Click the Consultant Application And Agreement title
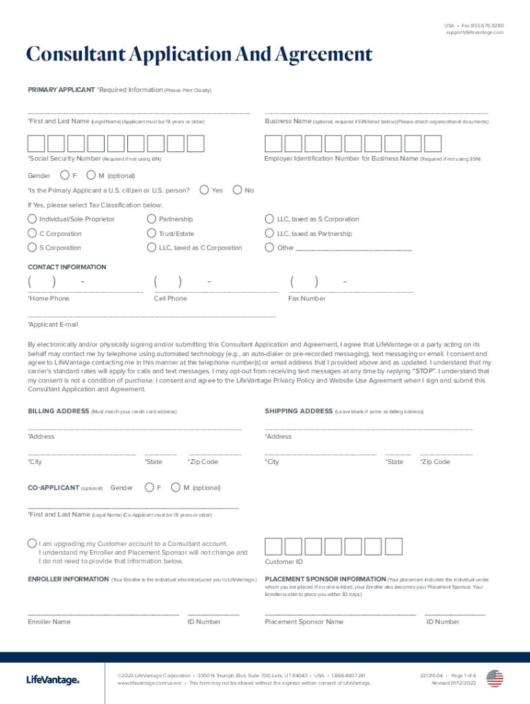tap(199, 55)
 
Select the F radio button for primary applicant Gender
tap(65, 175)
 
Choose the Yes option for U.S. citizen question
tap(204, 190)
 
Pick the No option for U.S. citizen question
tap(238, 190)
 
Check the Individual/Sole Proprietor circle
tap(32, 219)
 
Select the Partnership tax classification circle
tap(151, 219)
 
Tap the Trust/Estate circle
tap(151, 234)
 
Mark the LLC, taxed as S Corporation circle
tap(270, 219)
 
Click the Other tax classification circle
tap(270, 248)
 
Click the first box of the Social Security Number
tap(36, 143)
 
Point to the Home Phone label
tap(48, 298)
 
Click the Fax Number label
tap(307, 298)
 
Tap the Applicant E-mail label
tap(53, 324)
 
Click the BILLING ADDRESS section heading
tap(58, 411)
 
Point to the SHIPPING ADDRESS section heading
tap(299, 411)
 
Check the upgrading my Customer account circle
tap(32, 543)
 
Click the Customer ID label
tap(284, 562)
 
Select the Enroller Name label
tap(49, 621)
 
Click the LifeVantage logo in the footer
tap(53, 680)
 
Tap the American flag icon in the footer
tap(495, 679)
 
